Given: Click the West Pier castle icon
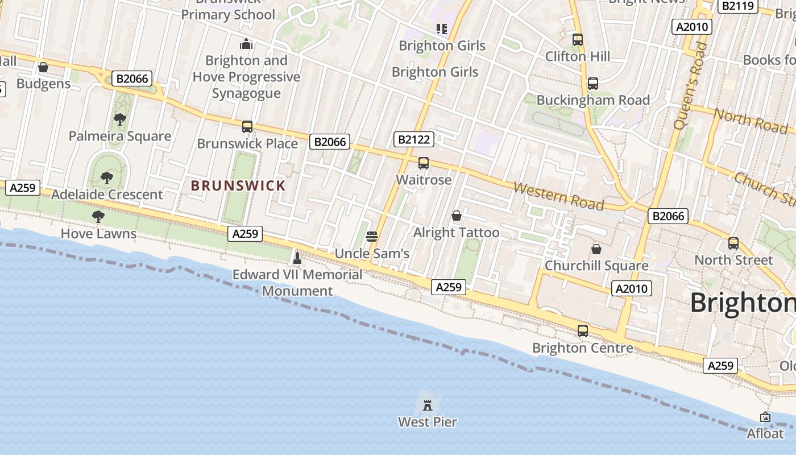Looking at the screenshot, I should coord(428,405).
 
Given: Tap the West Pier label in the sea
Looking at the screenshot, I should coord(428,422).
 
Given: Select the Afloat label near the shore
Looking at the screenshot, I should coord(765,433).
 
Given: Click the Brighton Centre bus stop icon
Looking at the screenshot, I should coord(583,330).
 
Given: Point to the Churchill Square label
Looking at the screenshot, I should coord(596,266).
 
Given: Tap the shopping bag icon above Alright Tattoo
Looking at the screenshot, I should coord(456,216).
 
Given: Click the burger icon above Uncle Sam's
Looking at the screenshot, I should coord(372,236).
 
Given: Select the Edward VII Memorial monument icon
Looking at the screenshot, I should coord(297,258).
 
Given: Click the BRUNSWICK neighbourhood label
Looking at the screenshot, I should coord(238,185).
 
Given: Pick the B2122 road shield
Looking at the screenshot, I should coord(414,139).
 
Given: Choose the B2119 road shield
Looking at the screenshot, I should coord(738,6).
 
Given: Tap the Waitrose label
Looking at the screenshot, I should coord(424,180).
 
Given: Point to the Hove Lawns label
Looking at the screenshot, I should coord(98,233).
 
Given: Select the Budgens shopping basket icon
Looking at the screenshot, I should coord(43,67).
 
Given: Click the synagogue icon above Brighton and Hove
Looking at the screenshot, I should coord(246,43).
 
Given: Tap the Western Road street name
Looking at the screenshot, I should coord(558,196).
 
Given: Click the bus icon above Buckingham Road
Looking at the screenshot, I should coord(592,84).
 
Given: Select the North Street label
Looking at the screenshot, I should coord(733,260).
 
